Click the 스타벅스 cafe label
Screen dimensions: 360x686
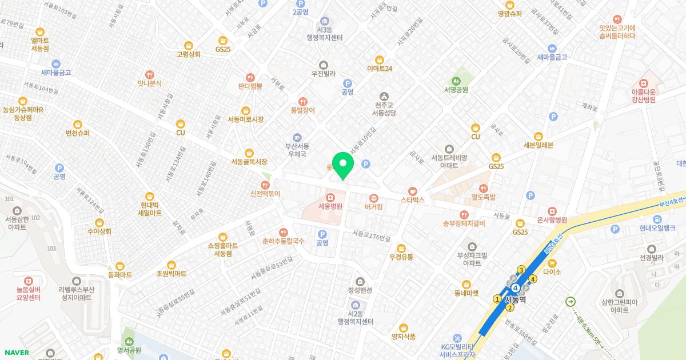413,201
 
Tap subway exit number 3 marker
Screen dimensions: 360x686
521,270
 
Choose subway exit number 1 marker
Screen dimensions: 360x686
497,299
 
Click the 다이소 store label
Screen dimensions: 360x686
553,272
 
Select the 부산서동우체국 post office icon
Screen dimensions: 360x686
297,138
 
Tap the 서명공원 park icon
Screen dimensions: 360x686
456,81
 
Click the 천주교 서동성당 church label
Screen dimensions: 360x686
384,109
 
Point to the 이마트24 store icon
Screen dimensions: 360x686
379,59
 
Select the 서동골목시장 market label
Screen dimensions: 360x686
249,162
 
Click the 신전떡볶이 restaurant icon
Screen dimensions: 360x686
265,185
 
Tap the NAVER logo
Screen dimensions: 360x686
17,352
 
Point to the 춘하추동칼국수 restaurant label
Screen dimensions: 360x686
283,241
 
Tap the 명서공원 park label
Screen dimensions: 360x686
129,350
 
